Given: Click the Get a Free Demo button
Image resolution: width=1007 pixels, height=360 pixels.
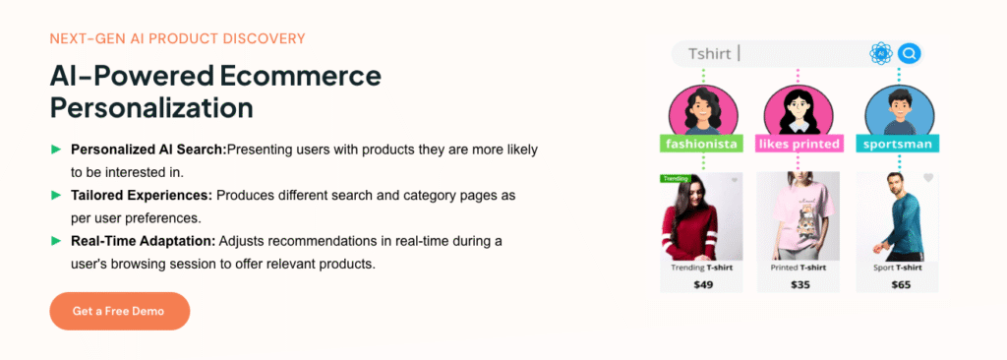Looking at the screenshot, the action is pos(119,311).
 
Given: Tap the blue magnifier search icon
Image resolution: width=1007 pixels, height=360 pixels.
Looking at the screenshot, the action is pos(908,53).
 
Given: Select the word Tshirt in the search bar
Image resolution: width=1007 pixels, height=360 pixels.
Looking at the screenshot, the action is pos(710,54).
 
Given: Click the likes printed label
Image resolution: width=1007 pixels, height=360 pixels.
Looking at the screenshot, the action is pos(799,144).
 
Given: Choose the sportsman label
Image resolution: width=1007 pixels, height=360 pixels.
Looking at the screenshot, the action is pos(898,144).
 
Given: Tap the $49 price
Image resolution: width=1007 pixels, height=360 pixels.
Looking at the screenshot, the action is pos(703,284).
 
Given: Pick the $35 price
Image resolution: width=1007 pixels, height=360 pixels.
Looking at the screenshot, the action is pos(800,284).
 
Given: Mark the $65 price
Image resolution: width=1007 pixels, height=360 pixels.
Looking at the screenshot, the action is pos(901,284).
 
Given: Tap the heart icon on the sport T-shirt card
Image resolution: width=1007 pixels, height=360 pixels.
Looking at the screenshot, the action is pos(928,178).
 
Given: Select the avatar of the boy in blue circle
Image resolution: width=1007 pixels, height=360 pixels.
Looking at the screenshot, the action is pos(899,110).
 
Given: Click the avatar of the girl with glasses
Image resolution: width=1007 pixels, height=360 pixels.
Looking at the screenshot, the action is pos(799,110).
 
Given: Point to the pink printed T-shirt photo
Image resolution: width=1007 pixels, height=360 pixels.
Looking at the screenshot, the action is pos(799,216).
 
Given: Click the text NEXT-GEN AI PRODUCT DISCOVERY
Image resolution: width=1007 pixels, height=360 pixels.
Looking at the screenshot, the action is pos(177,38).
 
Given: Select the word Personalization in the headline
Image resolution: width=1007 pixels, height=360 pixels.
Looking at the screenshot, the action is pos(151,107).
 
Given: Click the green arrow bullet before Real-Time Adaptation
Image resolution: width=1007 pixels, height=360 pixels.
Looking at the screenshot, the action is pos(56,241).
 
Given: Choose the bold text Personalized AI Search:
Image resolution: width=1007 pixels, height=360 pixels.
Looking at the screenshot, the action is pos(149,150).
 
